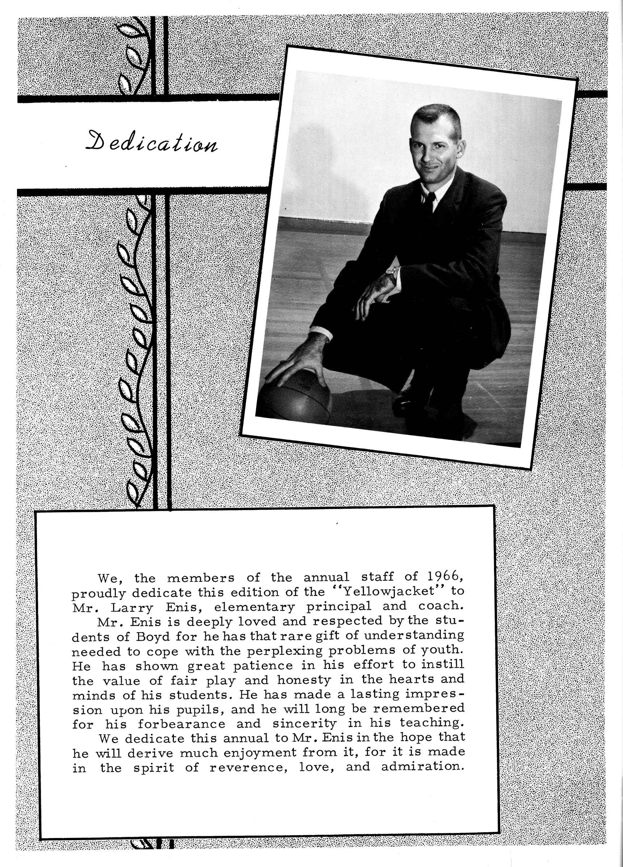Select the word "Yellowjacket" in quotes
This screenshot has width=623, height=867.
click(389, 591)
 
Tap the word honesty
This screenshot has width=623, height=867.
click(304, 680)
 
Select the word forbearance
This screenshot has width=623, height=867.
click(182, 724)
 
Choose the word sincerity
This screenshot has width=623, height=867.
click(305, 724)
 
